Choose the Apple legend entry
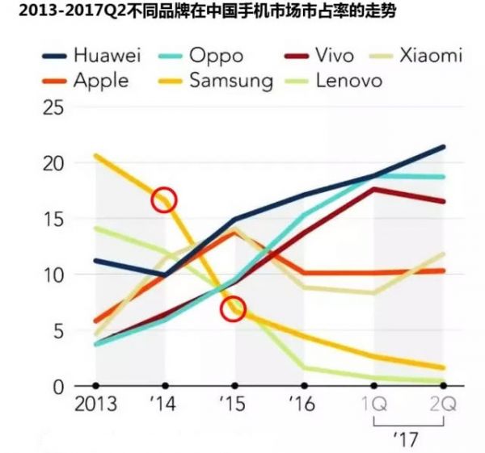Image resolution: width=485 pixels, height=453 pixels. click(96, 80)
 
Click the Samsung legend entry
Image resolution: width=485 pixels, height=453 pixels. click(230, 80)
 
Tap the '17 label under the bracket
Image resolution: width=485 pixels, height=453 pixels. click(408, 441)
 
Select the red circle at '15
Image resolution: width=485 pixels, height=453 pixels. click(233, 309)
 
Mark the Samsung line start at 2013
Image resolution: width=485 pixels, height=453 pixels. click(96, 156)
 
